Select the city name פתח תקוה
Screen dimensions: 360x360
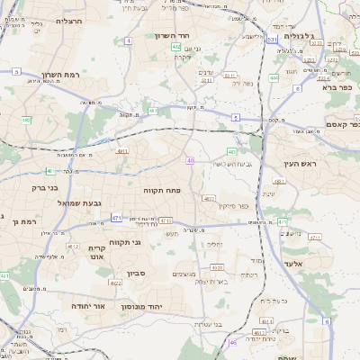(163, 191)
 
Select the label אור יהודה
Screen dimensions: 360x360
(89, 306)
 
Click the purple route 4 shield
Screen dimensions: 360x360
(130, 41)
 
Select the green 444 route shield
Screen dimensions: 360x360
(274, 78)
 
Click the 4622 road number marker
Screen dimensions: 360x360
(114, 283)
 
